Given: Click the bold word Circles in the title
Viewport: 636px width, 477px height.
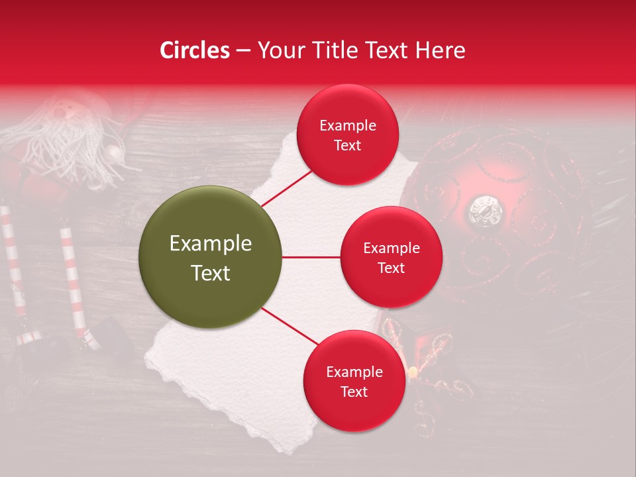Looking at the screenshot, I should pyautogui.click(x=195, y=50).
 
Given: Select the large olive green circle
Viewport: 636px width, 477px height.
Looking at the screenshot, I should pyautogui.click(x=211, y=257).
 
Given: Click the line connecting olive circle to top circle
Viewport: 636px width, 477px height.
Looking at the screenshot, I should pyautogui.click(x=287, y=188).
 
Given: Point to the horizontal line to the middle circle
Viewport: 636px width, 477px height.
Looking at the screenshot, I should pyautogui.click(x=311, y=257).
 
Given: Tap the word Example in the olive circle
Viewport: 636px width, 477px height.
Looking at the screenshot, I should pyautogui.click(x=211, y=244).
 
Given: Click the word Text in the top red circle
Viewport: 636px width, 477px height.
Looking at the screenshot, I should pyautogui.click(x=347, y=145).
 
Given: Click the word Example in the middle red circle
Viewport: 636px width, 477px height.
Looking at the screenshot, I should pyautogui.click(x=391, y=248).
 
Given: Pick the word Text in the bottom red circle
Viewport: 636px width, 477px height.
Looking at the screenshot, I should pyautogui.click(x=354, y=392).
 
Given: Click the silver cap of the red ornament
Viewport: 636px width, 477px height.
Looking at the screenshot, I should pyautogui.click(x=486, y=210).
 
